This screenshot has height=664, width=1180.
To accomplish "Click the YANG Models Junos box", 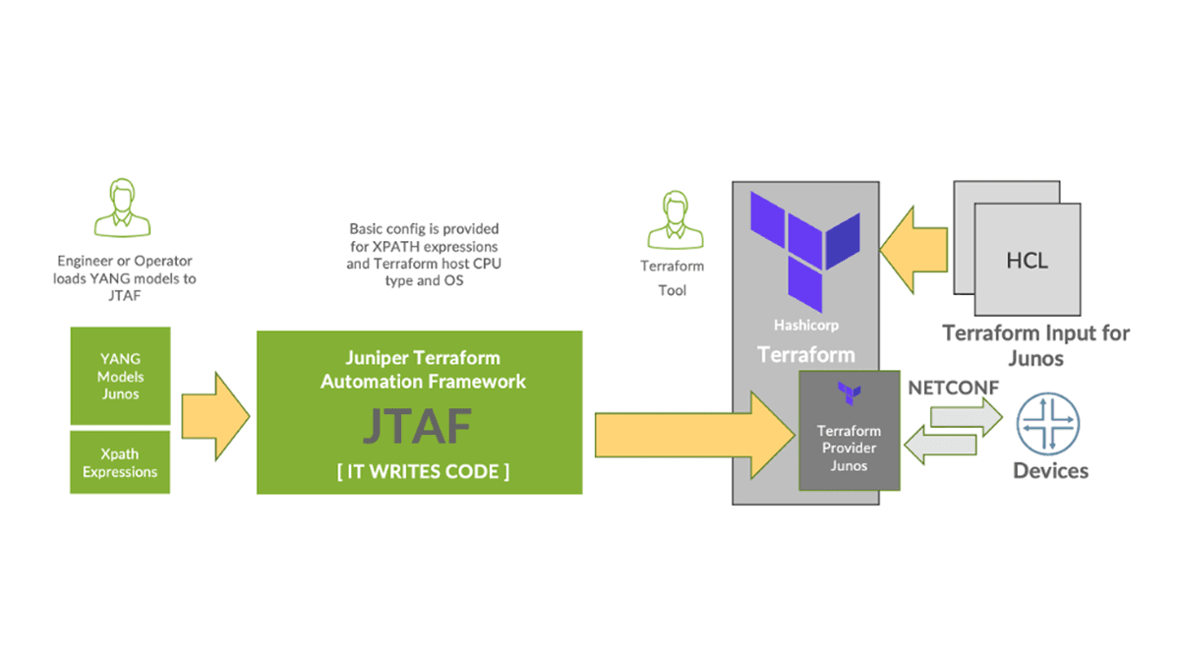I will (x=119, y=376).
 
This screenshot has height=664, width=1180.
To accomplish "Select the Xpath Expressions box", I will (x=119, y=462).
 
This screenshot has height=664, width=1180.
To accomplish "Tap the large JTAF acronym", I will (x=417, y=425).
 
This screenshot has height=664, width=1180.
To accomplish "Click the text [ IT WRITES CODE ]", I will (x=423, y=472).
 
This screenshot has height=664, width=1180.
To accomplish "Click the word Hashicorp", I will (x=805, y=324).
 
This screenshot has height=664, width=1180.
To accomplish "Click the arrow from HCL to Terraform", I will (x=914, y=249).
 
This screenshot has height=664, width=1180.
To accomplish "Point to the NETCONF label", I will (x=953, y=388).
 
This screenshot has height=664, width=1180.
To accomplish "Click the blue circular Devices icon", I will (x=1050, y=424).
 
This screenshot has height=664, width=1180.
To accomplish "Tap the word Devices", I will (x=1050, y=470).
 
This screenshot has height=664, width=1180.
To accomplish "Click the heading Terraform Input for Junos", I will (x=1035, y=344).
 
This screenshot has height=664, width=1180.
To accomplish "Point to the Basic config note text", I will (x=424, y=254).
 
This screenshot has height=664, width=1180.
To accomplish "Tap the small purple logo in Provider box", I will (x=848, y=394).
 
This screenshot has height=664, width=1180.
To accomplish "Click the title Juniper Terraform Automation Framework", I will (x=423, y=369).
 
